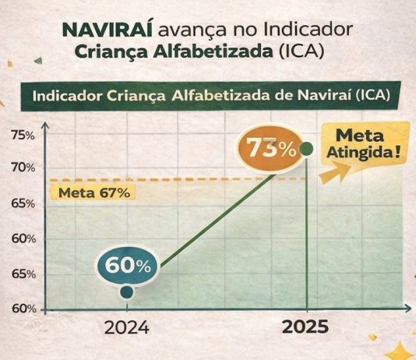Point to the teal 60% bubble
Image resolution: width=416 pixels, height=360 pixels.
pyautogui.click(x=129, y=265)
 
